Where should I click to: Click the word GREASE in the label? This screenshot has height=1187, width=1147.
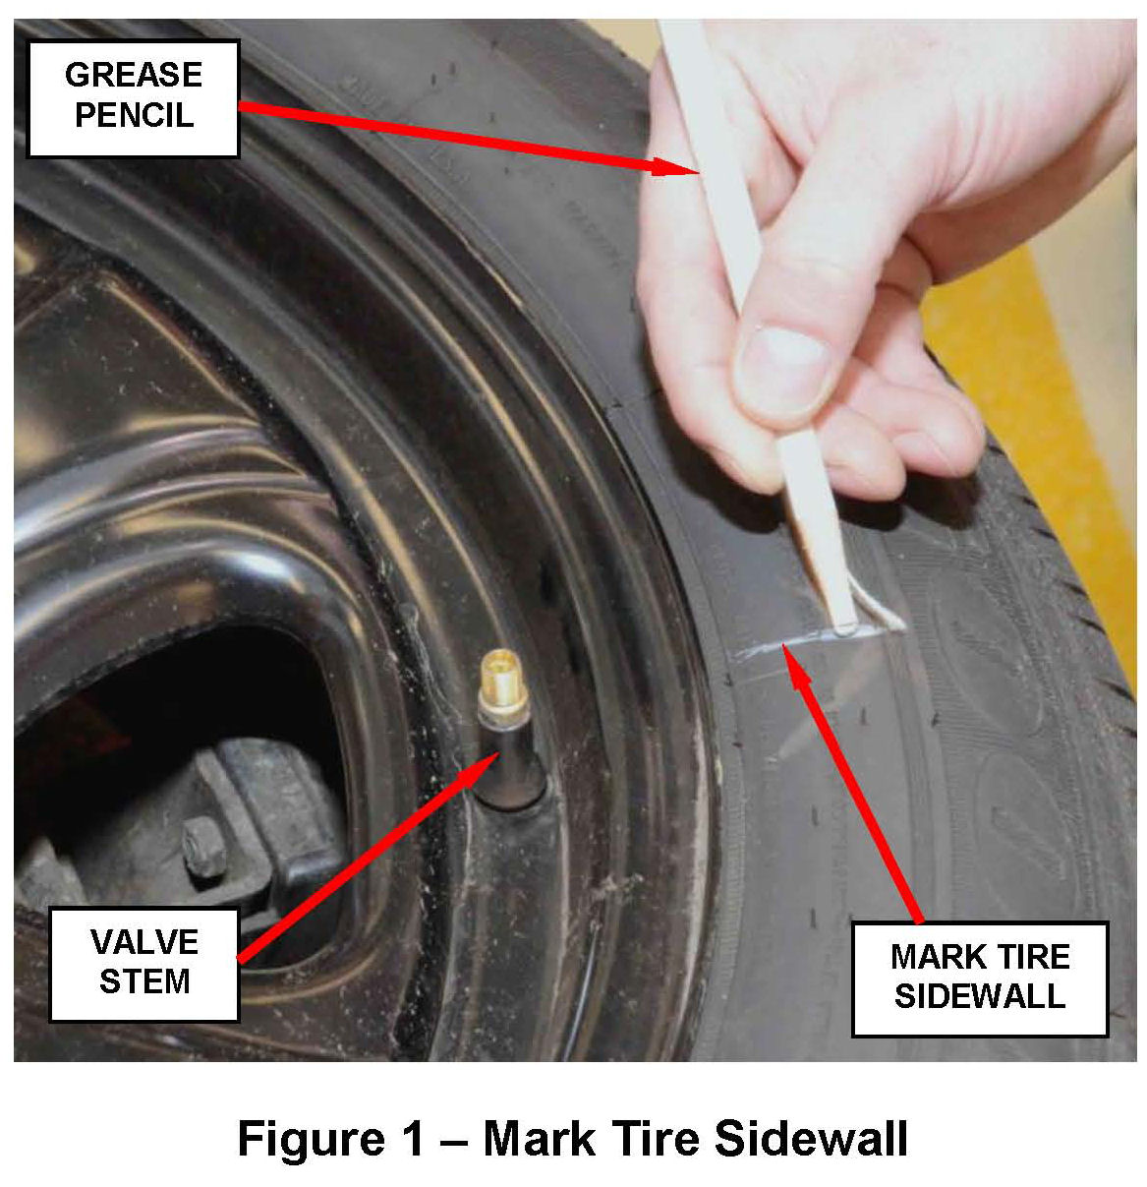[x=134, y=75]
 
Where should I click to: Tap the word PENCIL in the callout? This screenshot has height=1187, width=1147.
[x=134, y=115]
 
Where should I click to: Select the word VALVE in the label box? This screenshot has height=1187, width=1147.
[x=144, y=942]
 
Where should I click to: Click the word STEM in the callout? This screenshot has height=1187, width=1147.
[x=144, y=981]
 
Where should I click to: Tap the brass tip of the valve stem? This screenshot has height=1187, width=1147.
[x=500, y=677]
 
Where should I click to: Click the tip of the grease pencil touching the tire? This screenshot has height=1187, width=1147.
[x=845, y=628]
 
